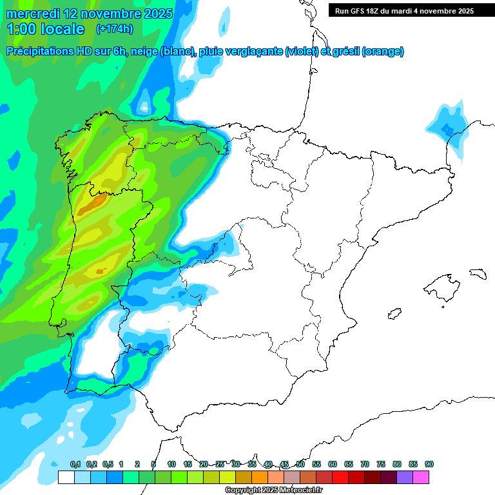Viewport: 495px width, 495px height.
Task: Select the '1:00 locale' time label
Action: point(45,29)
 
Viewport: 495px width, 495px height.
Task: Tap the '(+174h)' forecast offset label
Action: point(115,29)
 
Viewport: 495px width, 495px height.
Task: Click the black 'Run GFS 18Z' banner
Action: point(404,10)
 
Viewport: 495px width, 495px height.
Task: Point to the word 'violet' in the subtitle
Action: point(302,52)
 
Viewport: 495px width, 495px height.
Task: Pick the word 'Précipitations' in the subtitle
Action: point(43,52)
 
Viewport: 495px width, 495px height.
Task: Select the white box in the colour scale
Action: point(66,477)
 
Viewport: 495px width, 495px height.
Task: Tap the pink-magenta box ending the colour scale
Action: point(421,477)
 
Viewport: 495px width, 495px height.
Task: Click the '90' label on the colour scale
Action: point(429,464)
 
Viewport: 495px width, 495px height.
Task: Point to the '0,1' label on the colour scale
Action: point(75,464)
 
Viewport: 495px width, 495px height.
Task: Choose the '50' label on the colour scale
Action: point(300,464)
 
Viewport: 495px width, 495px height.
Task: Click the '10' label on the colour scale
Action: point(171,464)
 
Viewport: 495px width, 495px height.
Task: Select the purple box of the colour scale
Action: point(405,477)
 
